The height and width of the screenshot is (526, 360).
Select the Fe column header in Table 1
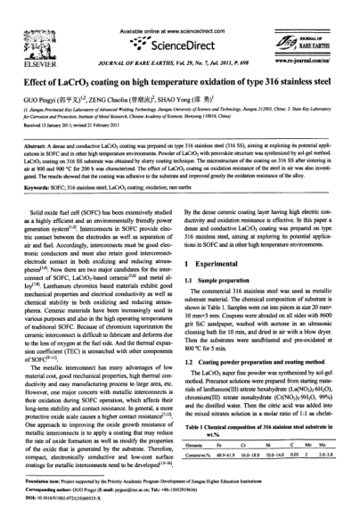coord(239,468)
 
